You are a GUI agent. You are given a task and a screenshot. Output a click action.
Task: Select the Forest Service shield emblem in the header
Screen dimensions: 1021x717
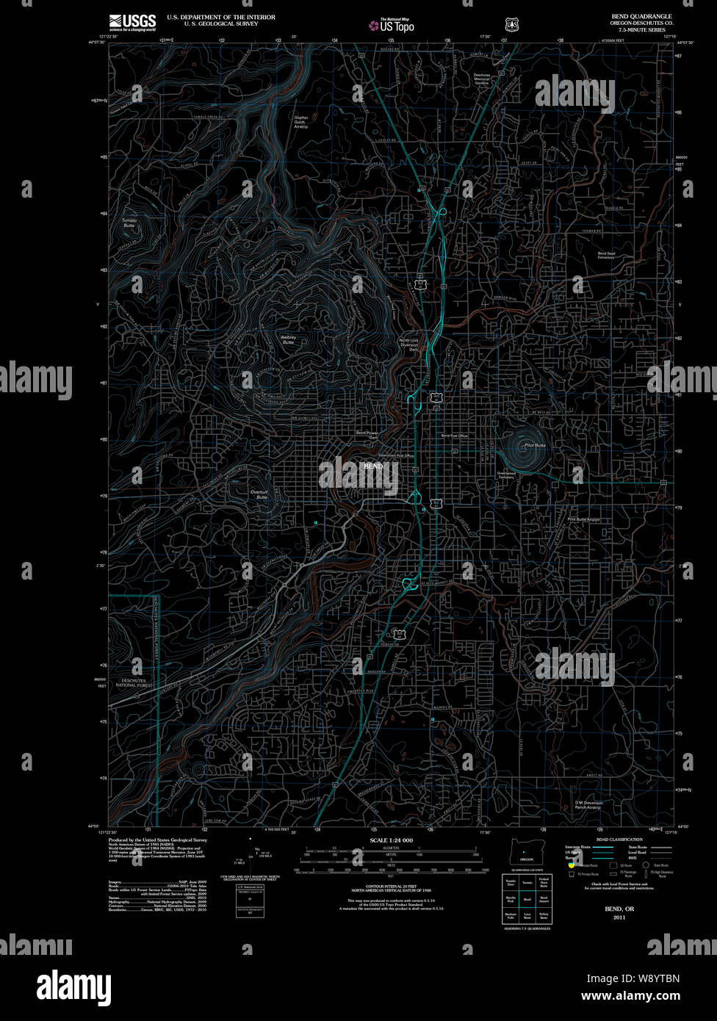coord(511,24)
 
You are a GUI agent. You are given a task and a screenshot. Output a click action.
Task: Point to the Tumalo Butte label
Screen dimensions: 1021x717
coord(129,223)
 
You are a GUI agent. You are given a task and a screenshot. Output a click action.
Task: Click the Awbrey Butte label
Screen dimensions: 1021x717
coord(288,339)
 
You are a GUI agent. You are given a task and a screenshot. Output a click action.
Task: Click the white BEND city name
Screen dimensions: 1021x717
coord(373,466)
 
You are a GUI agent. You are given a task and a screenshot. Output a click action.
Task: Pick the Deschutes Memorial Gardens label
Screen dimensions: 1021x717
coord(481,79)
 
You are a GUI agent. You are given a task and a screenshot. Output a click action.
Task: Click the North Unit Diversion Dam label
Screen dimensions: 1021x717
coord(409,344)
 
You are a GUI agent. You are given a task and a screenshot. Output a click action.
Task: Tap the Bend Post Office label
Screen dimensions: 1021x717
coord(454,436)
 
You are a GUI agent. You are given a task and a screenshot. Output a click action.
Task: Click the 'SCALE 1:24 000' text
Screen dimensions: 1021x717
coord(391,840)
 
